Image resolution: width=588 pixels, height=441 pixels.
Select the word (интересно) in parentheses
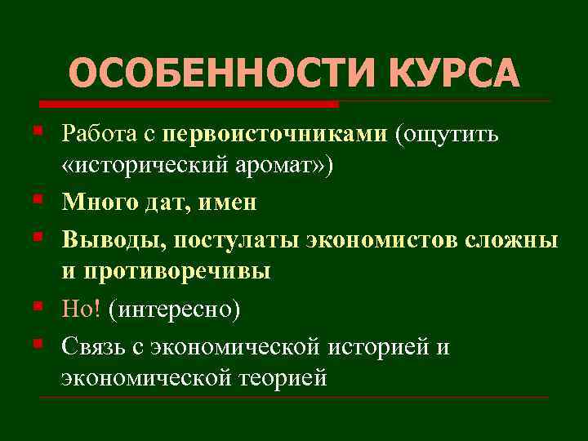click(175, 309)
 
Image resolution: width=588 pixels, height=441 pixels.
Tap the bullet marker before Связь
click(40, 346)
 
